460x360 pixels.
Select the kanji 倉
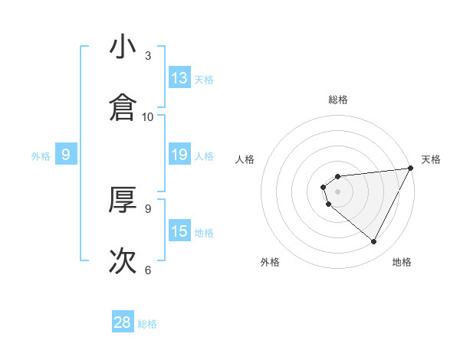[123, 108]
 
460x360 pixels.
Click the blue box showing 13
[179, 77]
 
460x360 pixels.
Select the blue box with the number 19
[179, 155]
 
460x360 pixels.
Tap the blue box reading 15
[179, 231]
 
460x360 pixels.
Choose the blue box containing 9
[66, 155]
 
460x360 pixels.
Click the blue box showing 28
[123, 322]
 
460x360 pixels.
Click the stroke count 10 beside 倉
[148, 117]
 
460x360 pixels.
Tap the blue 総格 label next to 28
[147, 324]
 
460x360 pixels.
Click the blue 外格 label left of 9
[41, 156]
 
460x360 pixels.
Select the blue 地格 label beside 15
[204, 233]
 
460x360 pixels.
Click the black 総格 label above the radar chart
[338, 100]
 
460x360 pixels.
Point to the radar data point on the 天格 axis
[411, 169]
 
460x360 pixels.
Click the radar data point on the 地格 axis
[374, 242]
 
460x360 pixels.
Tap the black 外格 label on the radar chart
[271, 263]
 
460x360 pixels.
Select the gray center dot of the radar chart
[338, 191]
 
